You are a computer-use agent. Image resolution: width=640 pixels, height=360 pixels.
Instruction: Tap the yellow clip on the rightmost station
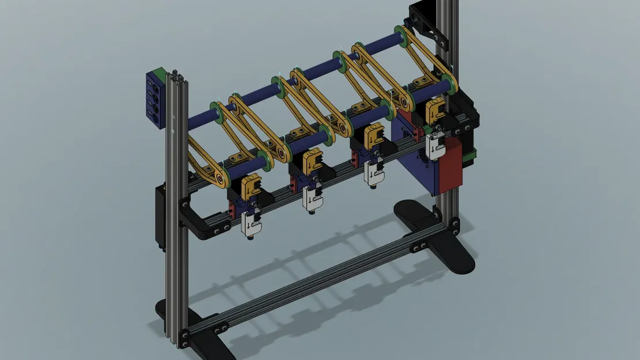[435, 108]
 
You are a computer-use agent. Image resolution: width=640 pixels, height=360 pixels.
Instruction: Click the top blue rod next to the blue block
[196, 120]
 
